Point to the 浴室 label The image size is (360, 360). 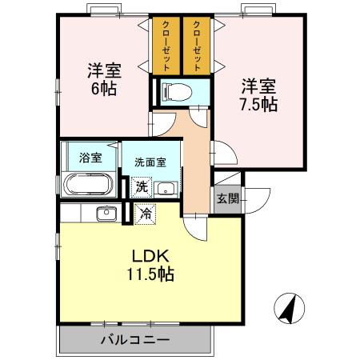pos(90,157)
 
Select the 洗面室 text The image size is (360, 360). pos(150,162)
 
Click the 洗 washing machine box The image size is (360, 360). pos(140,188)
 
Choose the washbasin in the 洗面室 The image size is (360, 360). pos(166,189)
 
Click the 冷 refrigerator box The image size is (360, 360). pos(145,214)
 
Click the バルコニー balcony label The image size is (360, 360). pos(134,340)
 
